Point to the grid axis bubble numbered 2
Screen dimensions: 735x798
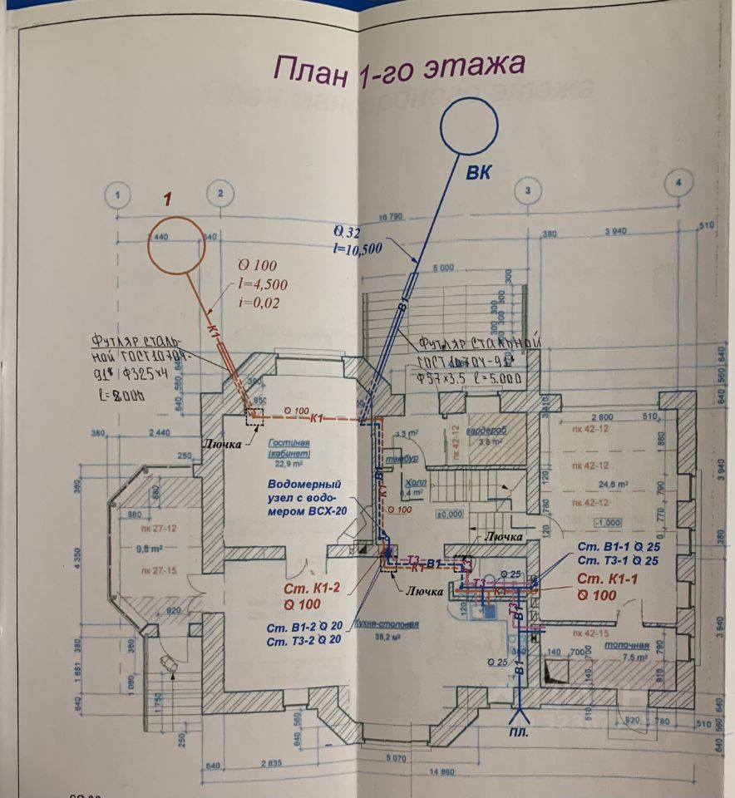[220, 194]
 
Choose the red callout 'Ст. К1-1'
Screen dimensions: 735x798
[609, 579]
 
